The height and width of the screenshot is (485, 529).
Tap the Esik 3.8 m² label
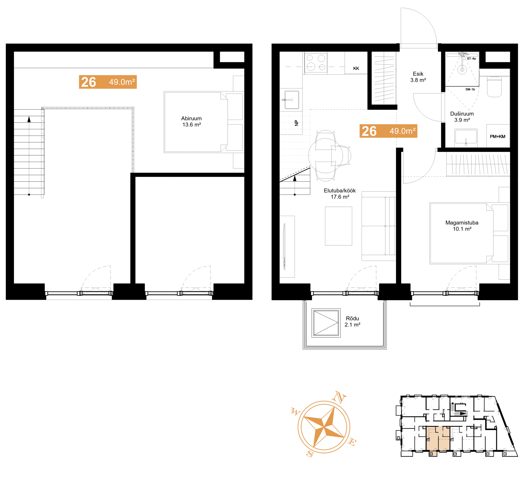[x=418, y=77]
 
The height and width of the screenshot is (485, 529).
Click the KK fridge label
[x=356, y=68]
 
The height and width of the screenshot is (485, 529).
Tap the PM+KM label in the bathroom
[x=497, y=136]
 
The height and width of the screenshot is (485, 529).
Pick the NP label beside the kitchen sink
[x=297, y=123]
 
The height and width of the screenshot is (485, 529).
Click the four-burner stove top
[x=316, y=63]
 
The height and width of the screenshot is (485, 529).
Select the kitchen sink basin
[x=292, y=100]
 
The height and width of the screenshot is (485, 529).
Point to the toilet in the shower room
[x=494, y=86]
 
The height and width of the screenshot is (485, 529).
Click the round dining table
[x=325, y=156]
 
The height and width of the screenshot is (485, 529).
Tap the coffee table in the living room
[x=338, y=226]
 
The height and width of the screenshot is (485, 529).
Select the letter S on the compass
[x=310, y=454]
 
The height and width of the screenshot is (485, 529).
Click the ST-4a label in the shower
[x=471, y=58]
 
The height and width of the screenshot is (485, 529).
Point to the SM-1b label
[x=470, y=89]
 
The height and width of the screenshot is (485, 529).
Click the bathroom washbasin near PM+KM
[x=466, y=136]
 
